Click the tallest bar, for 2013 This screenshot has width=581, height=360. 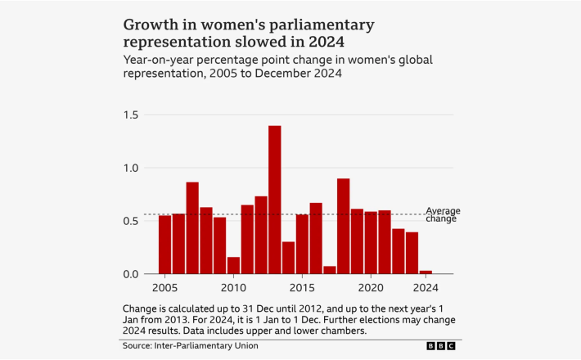[x=275, y=200]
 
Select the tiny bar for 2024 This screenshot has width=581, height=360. [x=426, y=272]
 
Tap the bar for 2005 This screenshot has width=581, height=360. [x=164, y=245]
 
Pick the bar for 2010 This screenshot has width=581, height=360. [x=233, y=265]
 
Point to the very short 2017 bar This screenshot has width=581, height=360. [x=330, y=270]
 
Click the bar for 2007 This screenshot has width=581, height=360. [x=192, y=228]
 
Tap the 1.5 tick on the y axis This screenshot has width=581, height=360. [x=132, y=115]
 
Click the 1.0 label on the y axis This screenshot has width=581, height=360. [x=132, y=169]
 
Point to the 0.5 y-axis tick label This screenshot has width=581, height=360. [x=132, y=221]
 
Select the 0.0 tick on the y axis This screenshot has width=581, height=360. [x=132, y=274]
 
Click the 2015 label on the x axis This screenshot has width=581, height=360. [x=302, y=288]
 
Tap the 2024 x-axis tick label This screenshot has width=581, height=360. [x=426, y=288]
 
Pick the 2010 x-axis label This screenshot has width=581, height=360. [x=233, y=288]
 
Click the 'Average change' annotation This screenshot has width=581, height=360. [x=442, y=214]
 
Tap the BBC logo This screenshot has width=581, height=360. [x=444, y=346]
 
